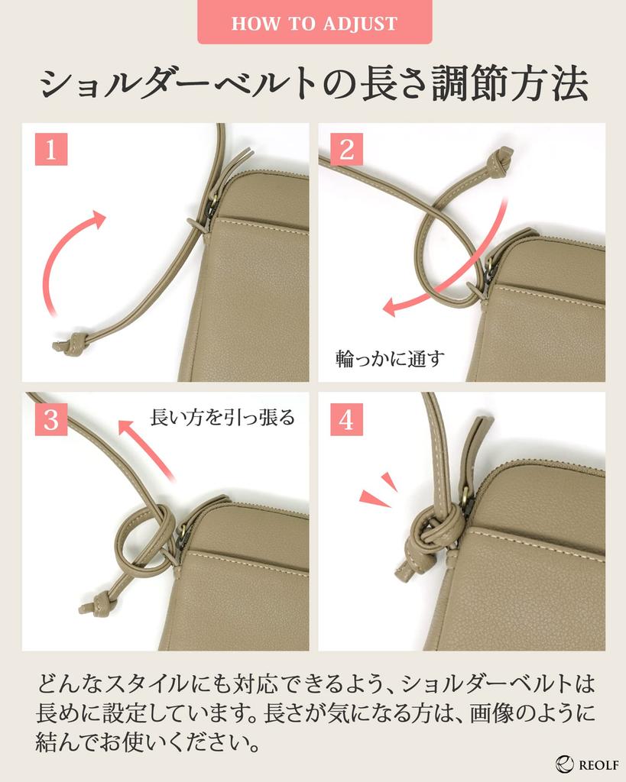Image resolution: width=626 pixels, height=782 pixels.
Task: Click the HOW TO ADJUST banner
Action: point(314,22)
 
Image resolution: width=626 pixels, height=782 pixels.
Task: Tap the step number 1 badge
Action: point(51,149)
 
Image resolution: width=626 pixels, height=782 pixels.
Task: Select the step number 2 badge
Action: point(346,149)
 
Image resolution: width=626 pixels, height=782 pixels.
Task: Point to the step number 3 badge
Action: point(51,419)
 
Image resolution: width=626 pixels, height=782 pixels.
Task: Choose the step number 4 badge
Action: point(346,419)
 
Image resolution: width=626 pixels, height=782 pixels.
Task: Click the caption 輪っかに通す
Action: point(390,359)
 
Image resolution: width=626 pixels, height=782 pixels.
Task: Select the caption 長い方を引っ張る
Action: point(222,417)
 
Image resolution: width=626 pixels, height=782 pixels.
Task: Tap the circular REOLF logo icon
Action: point(565,764)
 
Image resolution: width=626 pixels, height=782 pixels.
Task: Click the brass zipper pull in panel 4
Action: point(467,501)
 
